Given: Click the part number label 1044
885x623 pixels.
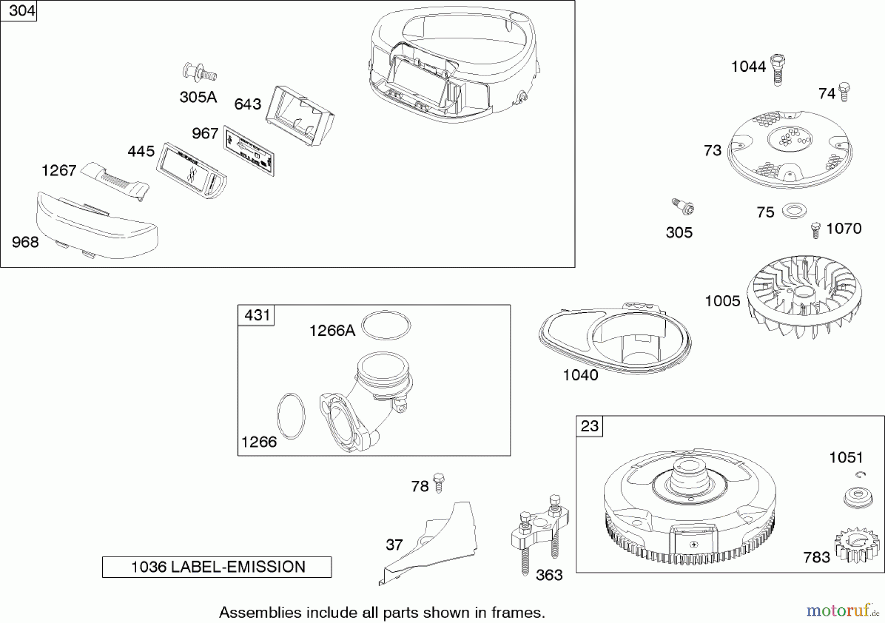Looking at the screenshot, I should click(x=748, y=67).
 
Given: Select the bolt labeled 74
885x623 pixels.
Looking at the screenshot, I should click(x=844, y=91).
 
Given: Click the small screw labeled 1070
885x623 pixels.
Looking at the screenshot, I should click(x=815, y=230).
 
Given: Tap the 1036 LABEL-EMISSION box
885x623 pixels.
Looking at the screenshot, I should click(x=217, y=567).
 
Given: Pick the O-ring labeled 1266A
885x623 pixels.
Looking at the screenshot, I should click(x=386, y=325).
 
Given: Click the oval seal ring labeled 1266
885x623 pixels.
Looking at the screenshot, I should click(x=291, y=416).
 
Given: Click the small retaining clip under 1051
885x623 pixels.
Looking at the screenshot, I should click(x=860, y=475).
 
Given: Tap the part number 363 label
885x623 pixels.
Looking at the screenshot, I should click(x=549, y=575).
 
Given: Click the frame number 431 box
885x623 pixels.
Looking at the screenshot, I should click(x=256, y=315).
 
